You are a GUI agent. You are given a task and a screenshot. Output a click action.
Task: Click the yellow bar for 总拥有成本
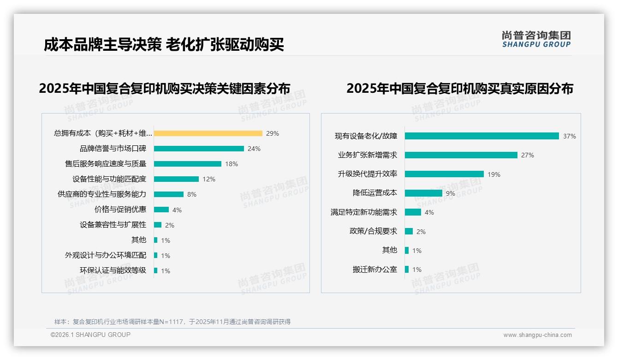pos(208,133)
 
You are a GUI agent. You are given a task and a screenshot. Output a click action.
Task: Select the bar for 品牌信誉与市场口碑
pos(199,149)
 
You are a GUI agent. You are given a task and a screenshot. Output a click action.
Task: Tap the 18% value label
pos(232,164)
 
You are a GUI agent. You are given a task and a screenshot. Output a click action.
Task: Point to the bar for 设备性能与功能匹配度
pos(176,179)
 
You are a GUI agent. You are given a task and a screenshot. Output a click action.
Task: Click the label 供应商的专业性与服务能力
pos(101,194)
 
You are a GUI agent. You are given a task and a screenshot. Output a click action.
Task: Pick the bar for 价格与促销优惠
pos(161,210)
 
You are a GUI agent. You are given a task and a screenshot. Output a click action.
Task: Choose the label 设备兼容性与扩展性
pos(113,225)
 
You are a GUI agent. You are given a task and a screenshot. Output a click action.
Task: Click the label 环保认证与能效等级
pos(113,270)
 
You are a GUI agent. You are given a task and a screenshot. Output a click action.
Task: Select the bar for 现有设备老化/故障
pos(482,136)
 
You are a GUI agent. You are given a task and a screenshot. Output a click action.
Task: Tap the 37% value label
pos(569,136)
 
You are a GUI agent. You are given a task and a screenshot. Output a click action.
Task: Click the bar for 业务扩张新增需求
pos(461,155)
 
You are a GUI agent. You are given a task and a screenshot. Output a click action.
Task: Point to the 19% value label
pos(494,174)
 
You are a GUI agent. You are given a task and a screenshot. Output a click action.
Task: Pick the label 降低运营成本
pos(374,193)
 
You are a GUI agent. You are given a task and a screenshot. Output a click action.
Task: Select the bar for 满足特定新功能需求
pos(413,212)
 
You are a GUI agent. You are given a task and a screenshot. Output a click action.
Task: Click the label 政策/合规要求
pos(373,231)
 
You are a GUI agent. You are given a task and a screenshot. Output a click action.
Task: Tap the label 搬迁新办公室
pos(374,270)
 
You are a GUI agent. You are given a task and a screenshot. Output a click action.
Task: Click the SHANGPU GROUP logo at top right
pos(536,39)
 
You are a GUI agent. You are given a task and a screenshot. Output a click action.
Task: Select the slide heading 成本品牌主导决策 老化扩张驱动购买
pos(164,45)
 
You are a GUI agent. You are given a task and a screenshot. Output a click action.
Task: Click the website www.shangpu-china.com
pos(537,335)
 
